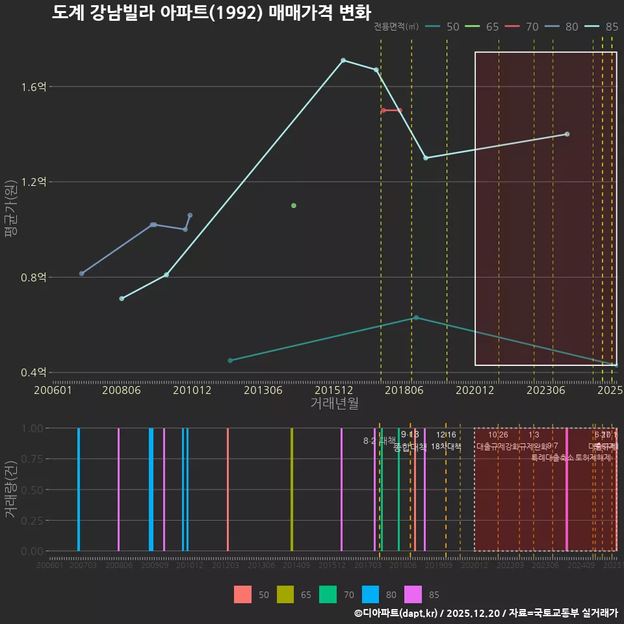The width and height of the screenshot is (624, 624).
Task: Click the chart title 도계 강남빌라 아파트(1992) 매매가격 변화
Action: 211,12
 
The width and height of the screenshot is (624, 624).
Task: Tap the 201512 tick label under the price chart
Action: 334,391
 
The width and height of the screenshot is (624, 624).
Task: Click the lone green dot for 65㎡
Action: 294,205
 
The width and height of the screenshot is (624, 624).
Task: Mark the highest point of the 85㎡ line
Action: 343,60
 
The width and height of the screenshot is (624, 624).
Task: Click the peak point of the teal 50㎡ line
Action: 416,317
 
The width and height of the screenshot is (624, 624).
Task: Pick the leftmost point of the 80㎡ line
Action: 81,274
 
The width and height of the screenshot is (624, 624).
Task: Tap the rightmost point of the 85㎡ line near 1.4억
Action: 567,134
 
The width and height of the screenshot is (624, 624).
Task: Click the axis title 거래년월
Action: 334,404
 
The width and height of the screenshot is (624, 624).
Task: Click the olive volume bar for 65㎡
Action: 292,489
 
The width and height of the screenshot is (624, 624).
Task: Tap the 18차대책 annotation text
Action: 446,447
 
